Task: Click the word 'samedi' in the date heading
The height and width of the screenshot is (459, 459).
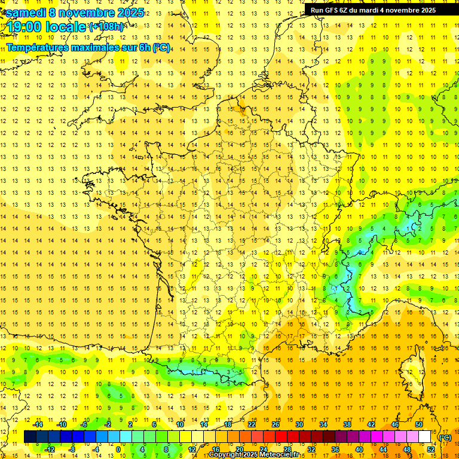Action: [x=25, y=13]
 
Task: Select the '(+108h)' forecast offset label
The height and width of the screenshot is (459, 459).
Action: [x=106, y=27]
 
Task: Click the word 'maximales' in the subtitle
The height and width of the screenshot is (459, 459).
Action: [x=95, y=47]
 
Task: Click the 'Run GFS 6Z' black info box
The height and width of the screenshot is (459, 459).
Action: [x=373, y=10]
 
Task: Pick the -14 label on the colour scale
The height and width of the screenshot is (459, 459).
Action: [x=38, y=424]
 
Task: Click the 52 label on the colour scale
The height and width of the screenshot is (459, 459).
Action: [x=431, y=449]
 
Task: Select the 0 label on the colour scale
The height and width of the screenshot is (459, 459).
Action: [x=118, y=449]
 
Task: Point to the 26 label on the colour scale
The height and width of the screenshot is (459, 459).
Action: [x=276, y=424]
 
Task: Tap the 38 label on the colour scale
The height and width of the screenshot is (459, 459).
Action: [x=347, y=424]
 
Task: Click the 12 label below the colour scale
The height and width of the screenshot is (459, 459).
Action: [x=192, y=449]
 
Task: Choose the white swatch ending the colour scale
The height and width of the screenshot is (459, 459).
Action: [x=425, y=437]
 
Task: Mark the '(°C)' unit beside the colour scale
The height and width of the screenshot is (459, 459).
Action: [x=445, y=437]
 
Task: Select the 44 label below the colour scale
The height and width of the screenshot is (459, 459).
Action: [x=383, y=449]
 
